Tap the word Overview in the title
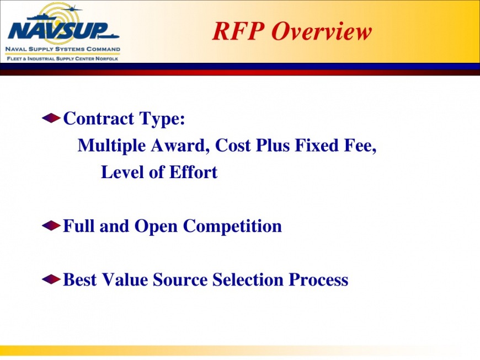point(322,31)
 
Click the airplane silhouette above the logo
point(72,9)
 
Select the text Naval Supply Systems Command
point(63,49)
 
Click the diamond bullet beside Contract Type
point(51,118)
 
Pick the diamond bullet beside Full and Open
point(51,225)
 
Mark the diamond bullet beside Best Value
point(51,280)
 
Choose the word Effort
point(193,172)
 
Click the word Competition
point(232,227)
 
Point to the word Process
point(319,280)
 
